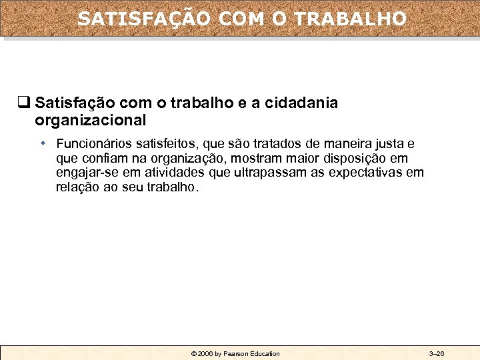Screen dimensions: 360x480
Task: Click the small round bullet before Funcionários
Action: click(42, 143)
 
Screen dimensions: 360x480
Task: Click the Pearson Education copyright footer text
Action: click(235, 353)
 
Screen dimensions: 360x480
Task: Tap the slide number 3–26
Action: click(437, 353)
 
